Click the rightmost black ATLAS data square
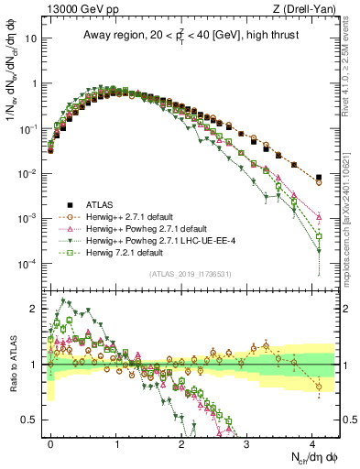click(318, 178)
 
